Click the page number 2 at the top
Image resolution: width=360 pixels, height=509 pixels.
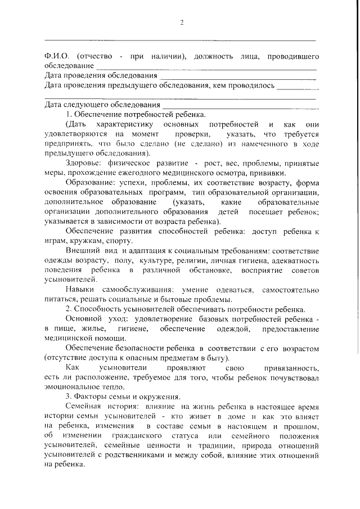click(182, 22)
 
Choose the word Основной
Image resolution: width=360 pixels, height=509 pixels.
click(84, 319)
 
